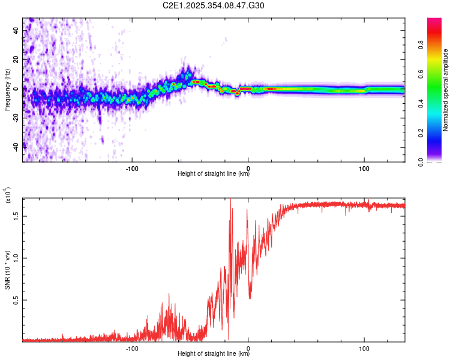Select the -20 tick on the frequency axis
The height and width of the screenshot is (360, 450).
pos(15,118)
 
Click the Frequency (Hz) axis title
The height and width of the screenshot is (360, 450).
pos(7,89)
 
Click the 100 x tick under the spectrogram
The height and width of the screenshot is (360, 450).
pos(364,167)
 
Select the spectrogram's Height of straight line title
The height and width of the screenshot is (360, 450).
pos(214,174)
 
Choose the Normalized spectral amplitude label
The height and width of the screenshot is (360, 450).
pos(446,90)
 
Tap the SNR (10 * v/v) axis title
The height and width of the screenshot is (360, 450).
pos(7,270)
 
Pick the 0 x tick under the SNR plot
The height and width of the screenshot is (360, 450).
pos(248,347)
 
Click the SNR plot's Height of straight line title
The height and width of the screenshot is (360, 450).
pos(214,354)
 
